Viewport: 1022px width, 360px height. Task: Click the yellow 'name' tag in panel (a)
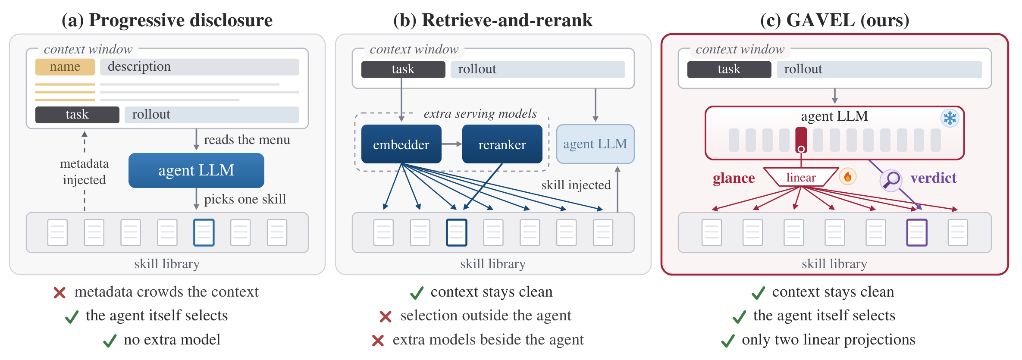coord(65,67)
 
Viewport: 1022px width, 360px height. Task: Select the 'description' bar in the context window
coord(199,67)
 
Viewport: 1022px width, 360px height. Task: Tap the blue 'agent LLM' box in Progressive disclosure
coord(196,170)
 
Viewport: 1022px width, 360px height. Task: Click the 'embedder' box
coord(401,144)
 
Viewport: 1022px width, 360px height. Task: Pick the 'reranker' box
coord(502,144)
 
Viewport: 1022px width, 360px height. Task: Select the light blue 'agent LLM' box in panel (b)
coord(595,144)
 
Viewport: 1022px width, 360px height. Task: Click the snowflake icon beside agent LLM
coord(950,118)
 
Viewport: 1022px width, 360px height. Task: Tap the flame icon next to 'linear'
coord(847,176)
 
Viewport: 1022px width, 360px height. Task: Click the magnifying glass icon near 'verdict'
coord(890,180)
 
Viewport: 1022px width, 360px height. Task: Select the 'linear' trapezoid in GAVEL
coord(801,177)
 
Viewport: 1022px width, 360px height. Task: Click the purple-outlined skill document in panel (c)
coord(916,232)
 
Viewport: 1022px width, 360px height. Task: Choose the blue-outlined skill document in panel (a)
coord(204,232)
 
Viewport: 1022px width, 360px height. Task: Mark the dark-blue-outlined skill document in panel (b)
coord(456,232)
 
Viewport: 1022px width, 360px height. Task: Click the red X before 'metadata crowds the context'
coord(60,293)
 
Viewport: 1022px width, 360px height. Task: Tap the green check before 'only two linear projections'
coord(728,341)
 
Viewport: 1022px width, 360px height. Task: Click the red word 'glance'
coord(734,178)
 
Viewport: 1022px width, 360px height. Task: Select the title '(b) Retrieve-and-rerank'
coord(493,20)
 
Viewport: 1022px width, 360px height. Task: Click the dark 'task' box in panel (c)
coord(729,69)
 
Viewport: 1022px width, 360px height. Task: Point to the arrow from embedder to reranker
coord(452,144)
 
